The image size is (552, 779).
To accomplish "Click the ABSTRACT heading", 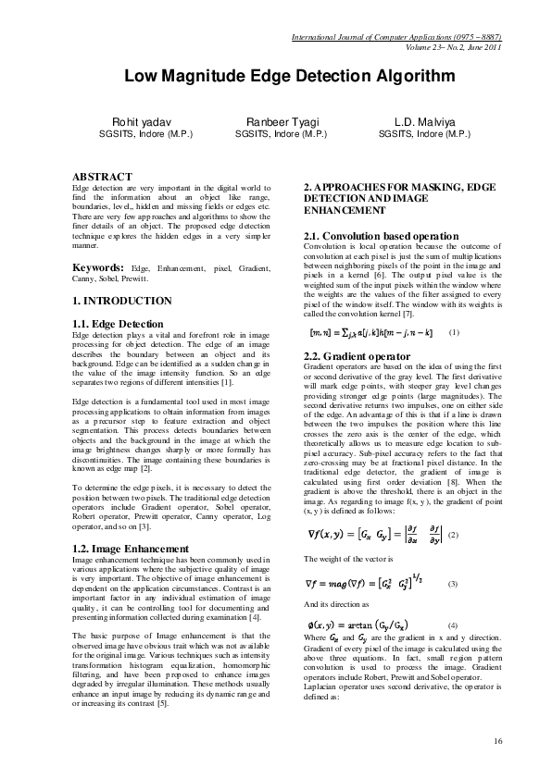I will coord(102,176).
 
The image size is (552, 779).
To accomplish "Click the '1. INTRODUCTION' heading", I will coord(121,301).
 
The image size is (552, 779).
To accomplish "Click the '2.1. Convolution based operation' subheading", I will coord(381,237).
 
